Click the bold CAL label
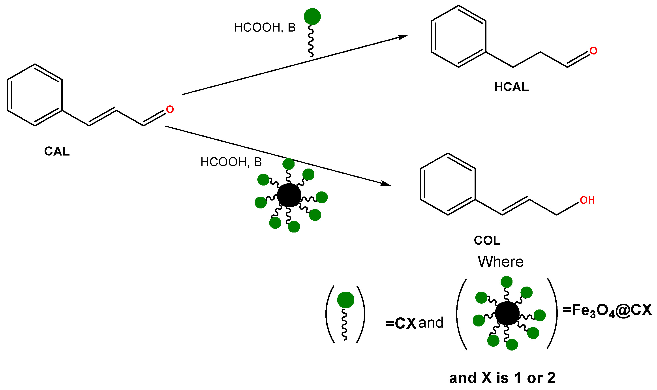coord(57,151)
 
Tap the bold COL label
coord(487,240)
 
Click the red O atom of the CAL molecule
coord(170,110)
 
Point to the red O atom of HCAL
coord(593,51)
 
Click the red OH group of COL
coord(587,200)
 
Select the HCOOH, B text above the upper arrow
coord(265,28)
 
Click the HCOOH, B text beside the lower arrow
coord(231,162)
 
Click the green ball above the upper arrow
coord(312,17)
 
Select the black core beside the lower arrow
coord(289,195)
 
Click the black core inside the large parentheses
coord(507,313)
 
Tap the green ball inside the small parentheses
coord(345,300)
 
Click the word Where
coord(500,262)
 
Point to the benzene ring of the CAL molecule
coord(35,95)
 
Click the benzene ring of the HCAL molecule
coord(458,36)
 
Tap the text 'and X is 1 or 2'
coord(502,378)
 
